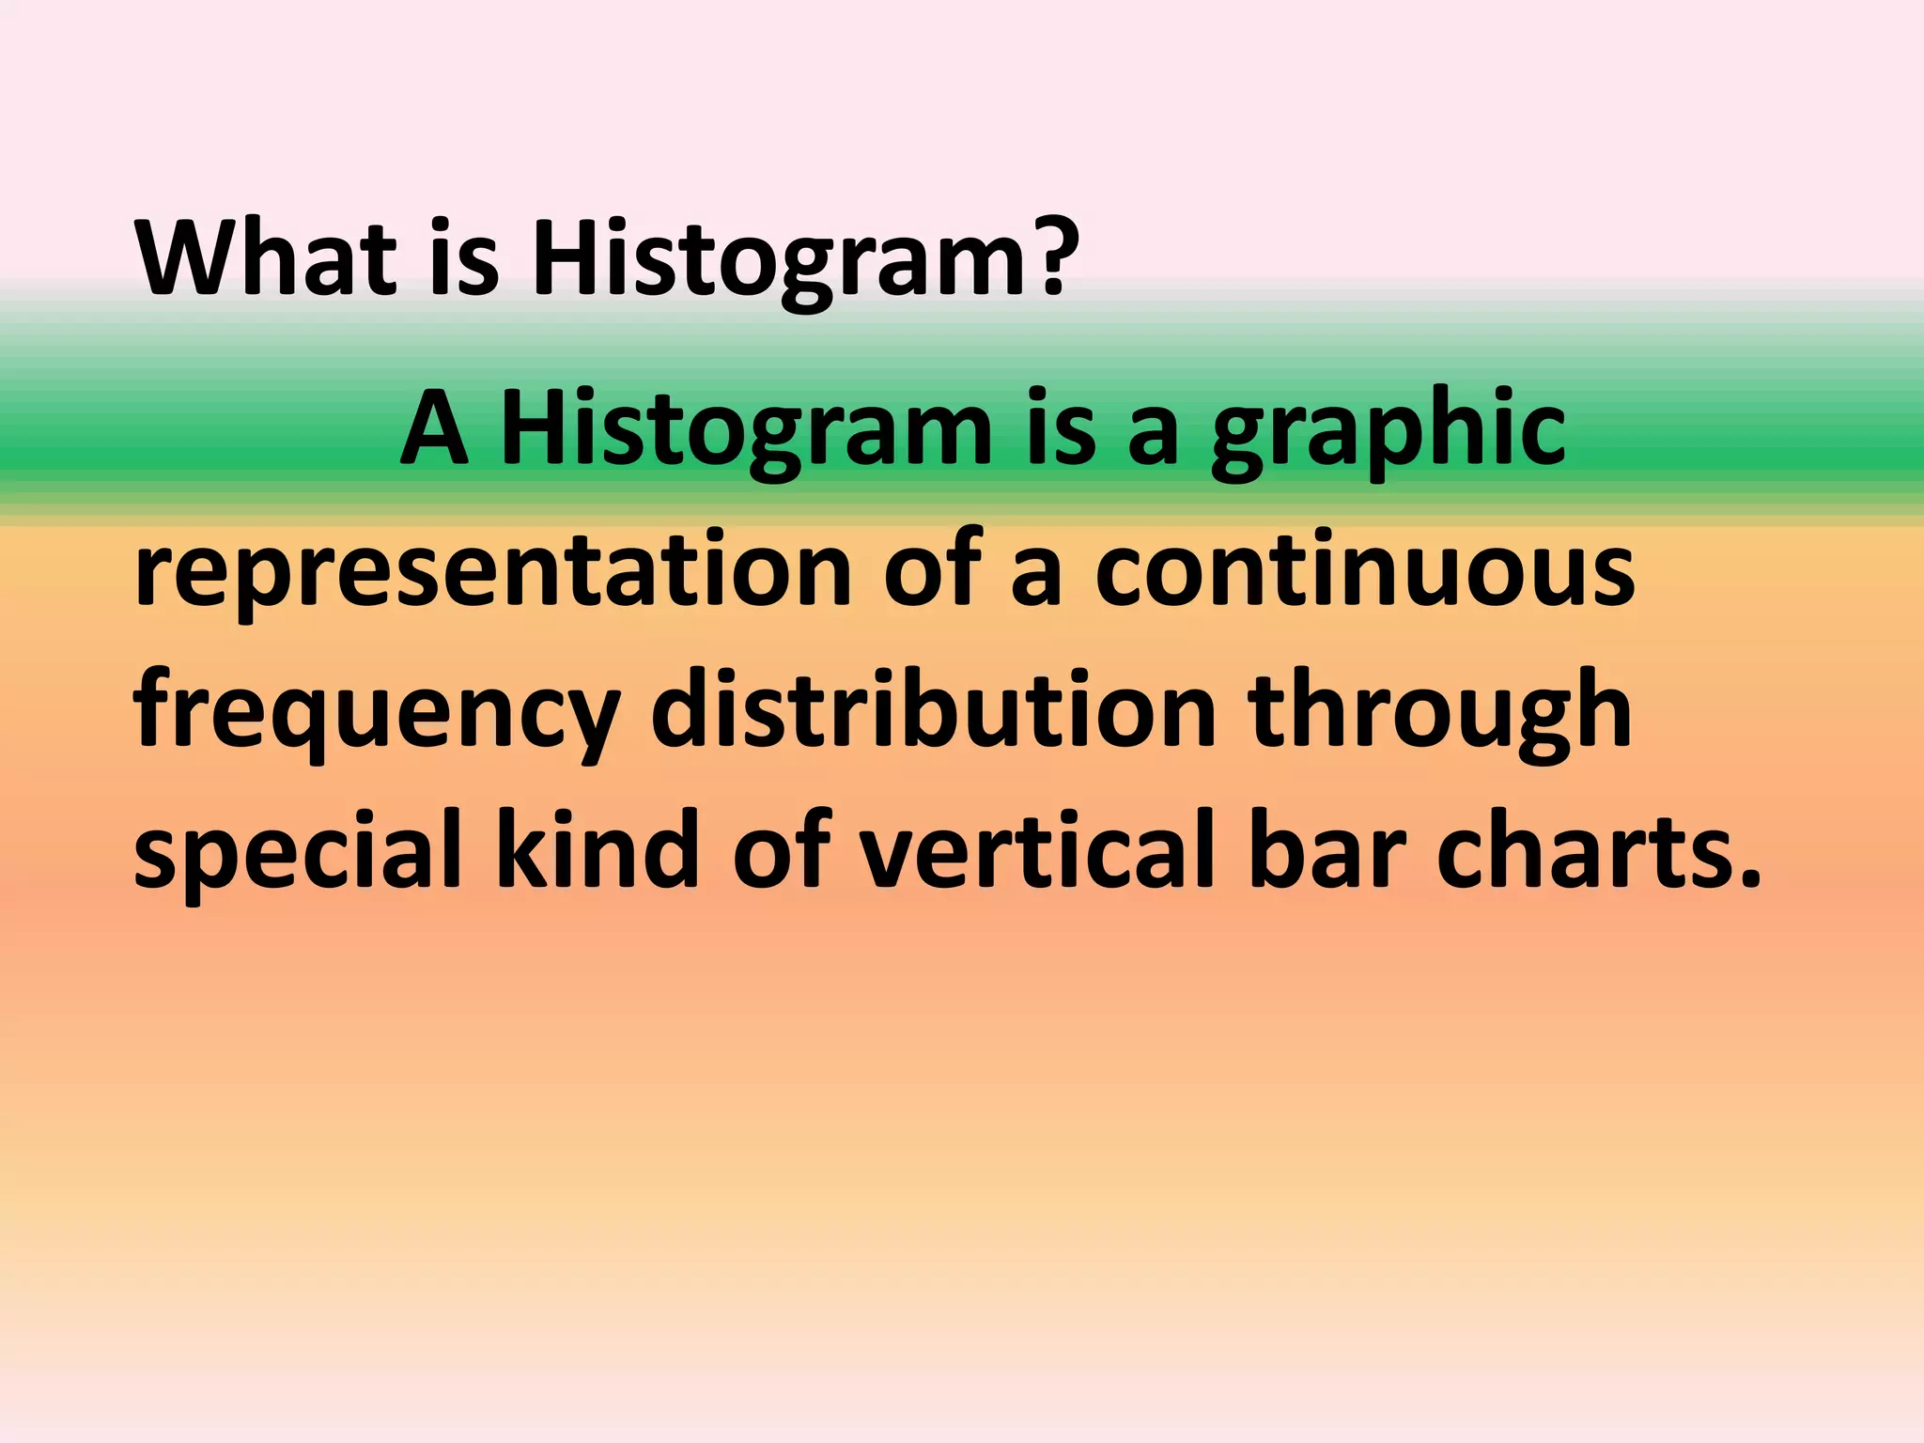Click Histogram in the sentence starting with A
747,428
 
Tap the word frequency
377,714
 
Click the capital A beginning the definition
434,428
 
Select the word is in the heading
464,257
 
